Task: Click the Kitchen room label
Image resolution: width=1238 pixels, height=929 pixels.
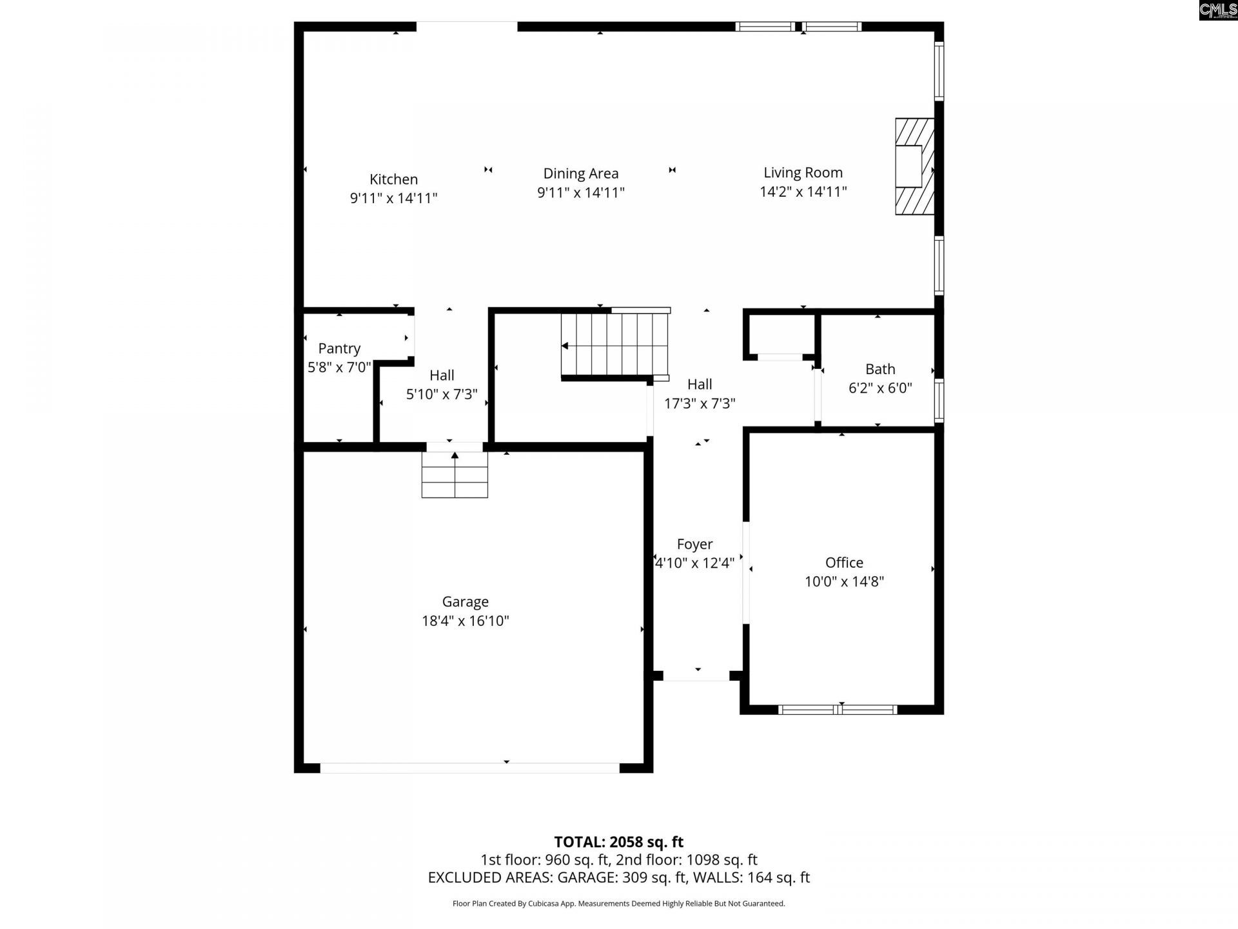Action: (393, 179)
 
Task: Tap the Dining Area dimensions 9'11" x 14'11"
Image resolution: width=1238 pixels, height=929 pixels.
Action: (580, 192)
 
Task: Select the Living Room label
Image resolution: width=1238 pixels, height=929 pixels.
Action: (803, 172)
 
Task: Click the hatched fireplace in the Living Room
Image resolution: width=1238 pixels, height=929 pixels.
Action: (914, 166)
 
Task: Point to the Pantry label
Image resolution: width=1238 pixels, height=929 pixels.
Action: (339, 348)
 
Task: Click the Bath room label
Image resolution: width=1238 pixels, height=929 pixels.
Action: (879, 369)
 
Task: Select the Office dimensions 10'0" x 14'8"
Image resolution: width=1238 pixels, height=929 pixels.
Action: (843, 581)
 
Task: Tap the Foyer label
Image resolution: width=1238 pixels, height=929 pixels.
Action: (694, 544)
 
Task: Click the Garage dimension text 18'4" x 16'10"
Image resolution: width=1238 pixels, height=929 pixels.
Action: (465, 621)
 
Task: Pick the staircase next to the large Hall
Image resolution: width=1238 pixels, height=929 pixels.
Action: (614, 345)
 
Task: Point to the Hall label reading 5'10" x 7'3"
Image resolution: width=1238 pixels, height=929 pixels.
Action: (442, 375)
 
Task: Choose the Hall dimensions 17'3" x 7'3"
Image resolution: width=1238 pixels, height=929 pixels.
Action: (700, 403)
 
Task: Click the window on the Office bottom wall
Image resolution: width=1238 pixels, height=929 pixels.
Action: (838, 710)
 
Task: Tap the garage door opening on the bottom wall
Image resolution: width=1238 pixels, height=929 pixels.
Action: (469, 768)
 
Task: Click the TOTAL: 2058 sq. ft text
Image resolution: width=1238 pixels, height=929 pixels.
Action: (618, 842)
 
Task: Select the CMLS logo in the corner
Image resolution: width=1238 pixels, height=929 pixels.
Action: (1217, 10)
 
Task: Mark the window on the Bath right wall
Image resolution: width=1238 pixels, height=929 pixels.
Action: (939, 401)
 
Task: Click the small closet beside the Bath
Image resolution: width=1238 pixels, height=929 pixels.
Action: (780, 334)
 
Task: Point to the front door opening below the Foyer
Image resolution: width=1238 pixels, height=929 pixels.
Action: (696, 676)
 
